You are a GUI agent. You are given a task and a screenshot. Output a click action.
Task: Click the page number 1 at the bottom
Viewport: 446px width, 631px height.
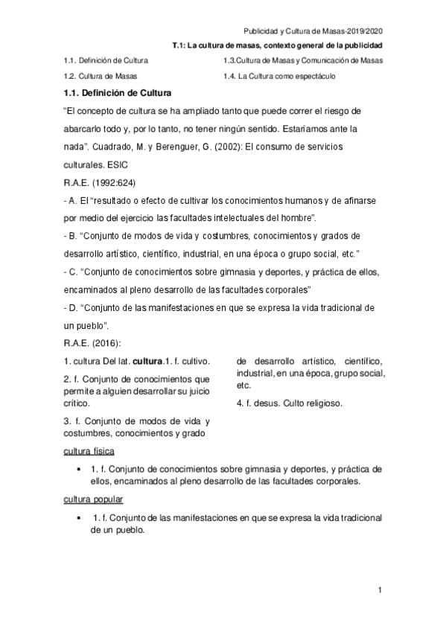[x=379, y=592]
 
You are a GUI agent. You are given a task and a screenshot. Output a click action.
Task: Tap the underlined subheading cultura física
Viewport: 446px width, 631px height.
[x=89, y=451]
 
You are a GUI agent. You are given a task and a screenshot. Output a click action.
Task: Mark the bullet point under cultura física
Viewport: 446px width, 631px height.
[x=79, y=470]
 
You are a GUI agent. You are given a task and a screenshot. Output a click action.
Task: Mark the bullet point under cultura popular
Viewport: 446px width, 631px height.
[x=79, y=517]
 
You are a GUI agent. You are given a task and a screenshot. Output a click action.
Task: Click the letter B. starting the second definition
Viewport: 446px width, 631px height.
[x=72, y=236]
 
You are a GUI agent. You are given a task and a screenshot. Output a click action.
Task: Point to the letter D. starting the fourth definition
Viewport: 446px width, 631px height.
[x=72, y=307]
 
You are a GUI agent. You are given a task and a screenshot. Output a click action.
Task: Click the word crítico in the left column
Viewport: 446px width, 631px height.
[x=77, y=403]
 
